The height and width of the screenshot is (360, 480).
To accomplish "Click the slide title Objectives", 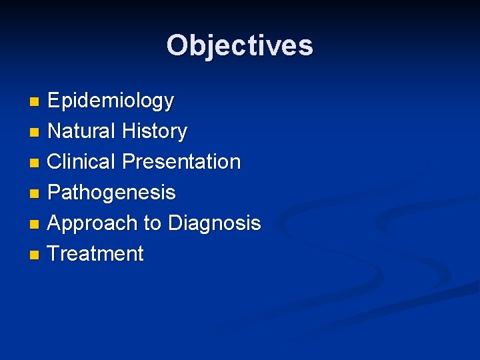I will [239, 45].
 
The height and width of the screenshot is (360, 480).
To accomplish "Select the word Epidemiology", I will [111, 101].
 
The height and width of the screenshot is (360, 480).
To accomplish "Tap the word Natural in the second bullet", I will [82, 131].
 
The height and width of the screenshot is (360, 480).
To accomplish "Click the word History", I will [155, 131].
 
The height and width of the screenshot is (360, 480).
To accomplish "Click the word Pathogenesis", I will [111, 193].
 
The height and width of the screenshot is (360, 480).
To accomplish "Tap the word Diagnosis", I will [214, 223].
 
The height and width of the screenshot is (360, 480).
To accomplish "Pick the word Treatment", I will [95, 254].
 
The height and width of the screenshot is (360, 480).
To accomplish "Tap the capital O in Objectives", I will [178, 45].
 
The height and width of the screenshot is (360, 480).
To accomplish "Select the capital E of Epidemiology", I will [55, 101].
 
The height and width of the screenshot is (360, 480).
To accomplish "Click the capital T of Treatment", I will [55, 254].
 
